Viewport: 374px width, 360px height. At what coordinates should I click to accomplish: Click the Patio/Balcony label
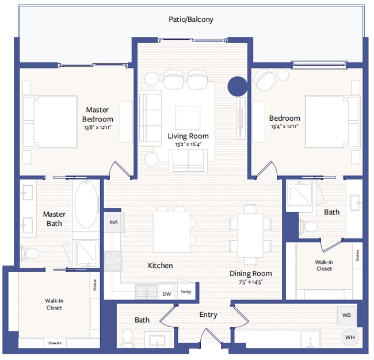coord(190,19)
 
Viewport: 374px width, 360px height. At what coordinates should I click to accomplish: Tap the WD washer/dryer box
coord(346,315)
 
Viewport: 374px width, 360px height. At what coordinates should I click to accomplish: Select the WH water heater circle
coord(349,337)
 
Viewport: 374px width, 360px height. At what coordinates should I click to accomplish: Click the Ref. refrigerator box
coord(113,222)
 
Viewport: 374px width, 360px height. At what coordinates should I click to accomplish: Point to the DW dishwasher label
coord(167,293)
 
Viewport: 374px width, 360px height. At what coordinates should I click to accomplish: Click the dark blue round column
coord(237,86)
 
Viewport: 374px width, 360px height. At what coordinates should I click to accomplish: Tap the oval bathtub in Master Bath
coord(86,205)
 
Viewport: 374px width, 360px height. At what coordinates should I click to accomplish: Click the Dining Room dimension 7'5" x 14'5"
coord(251,282)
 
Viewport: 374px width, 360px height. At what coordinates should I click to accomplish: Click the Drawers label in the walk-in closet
coord(55,343)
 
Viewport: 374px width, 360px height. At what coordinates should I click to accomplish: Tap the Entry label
coord(208,315)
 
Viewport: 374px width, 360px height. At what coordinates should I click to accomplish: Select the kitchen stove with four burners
coord(113,261)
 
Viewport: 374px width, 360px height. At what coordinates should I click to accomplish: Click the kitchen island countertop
coord(171,232)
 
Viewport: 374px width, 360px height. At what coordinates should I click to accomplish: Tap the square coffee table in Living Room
coord(188,117)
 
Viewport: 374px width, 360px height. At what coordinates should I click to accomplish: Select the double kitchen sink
coord(146,292)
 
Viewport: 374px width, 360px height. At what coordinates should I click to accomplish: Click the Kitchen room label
coord(160,266)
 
